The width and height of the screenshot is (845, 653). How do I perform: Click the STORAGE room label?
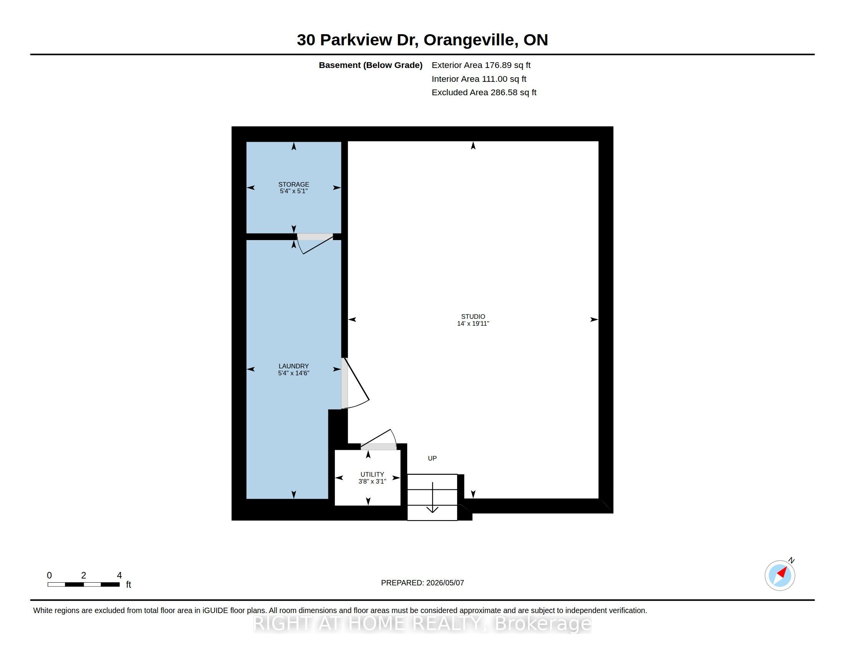click(294, 184)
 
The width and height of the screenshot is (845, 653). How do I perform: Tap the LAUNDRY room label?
click(294, 366)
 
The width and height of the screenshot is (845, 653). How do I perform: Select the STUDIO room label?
click(473, 317)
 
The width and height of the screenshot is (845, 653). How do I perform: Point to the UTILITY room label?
click(372, 474)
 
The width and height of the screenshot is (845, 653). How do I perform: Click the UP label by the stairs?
click(432, 458)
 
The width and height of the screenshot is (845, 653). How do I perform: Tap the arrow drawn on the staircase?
click(432, 497)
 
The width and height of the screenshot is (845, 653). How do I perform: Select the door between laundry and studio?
click(355, 383)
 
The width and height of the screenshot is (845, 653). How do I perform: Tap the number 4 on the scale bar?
click(119, 575)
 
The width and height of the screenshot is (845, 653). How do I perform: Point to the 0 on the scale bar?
click(50, 575)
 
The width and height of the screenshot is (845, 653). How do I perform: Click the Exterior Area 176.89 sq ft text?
click(481, 65)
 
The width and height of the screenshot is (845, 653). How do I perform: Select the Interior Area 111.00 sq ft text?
click(479, 79)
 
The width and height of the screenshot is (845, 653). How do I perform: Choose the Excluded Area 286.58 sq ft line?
click(484, 93)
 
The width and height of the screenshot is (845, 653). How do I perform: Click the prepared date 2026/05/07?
click(445, 583)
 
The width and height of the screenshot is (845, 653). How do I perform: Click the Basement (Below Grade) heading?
click(371, 65)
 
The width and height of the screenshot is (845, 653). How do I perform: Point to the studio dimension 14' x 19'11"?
click(473, 323)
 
